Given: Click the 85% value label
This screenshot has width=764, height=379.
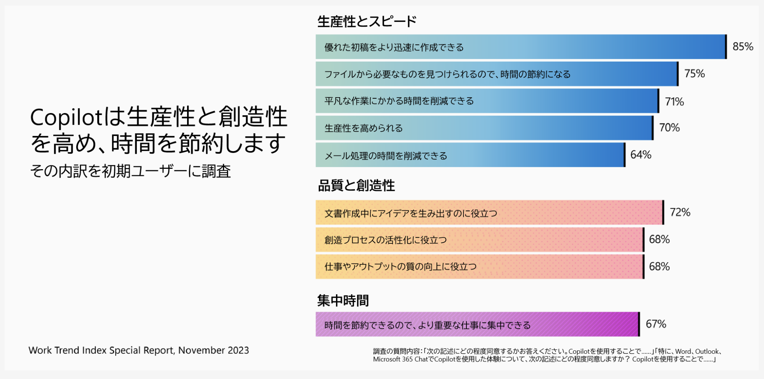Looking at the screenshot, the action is click(743, 46).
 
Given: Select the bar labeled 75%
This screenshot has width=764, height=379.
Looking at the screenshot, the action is click(497, 74).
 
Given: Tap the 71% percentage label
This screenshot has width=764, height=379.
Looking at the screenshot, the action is click(674, 102).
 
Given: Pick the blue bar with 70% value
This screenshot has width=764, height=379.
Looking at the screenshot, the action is click(485, 128).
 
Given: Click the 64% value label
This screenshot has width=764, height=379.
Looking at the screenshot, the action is click(641, 155).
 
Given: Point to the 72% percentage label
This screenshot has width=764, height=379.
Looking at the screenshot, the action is click(680, 212).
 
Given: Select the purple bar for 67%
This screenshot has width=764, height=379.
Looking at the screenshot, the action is click(478, 324).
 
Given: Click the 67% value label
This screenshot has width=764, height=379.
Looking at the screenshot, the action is click(656, 324).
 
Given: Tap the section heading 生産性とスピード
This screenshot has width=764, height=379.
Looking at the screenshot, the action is click(367, 21).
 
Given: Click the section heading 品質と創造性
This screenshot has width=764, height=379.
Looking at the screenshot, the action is click(356, 185).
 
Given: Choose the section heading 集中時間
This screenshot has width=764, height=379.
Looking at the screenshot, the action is click(343, 300).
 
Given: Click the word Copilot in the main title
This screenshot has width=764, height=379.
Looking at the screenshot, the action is click(66, 118).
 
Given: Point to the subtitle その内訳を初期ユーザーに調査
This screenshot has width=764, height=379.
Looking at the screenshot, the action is click(130, 171).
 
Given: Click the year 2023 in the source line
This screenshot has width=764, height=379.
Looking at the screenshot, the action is click(238, 350).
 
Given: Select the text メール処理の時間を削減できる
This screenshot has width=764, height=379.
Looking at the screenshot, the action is click(386, 156).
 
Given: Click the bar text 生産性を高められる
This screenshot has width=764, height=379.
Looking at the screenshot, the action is click(364, 128).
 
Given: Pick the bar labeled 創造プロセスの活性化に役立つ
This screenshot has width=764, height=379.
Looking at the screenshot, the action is click(480, 240).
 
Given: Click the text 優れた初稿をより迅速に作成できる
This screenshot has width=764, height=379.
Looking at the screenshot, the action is click(394, 47).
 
